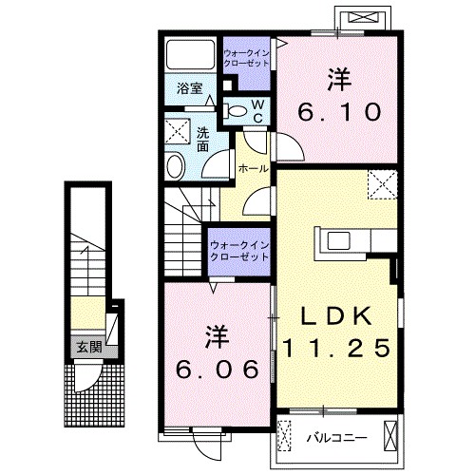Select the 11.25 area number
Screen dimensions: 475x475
(335, 348)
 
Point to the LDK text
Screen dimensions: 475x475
(335, 315)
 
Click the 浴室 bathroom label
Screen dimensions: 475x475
(190, 90)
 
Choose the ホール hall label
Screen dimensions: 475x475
(252, 168)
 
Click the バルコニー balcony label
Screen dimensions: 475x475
(336, 439)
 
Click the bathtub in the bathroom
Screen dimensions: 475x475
(188, 55)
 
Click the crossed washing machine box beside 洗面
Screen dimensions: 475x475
(178, 131)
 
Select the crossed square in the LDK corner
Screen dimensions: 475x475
(383, 182)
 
